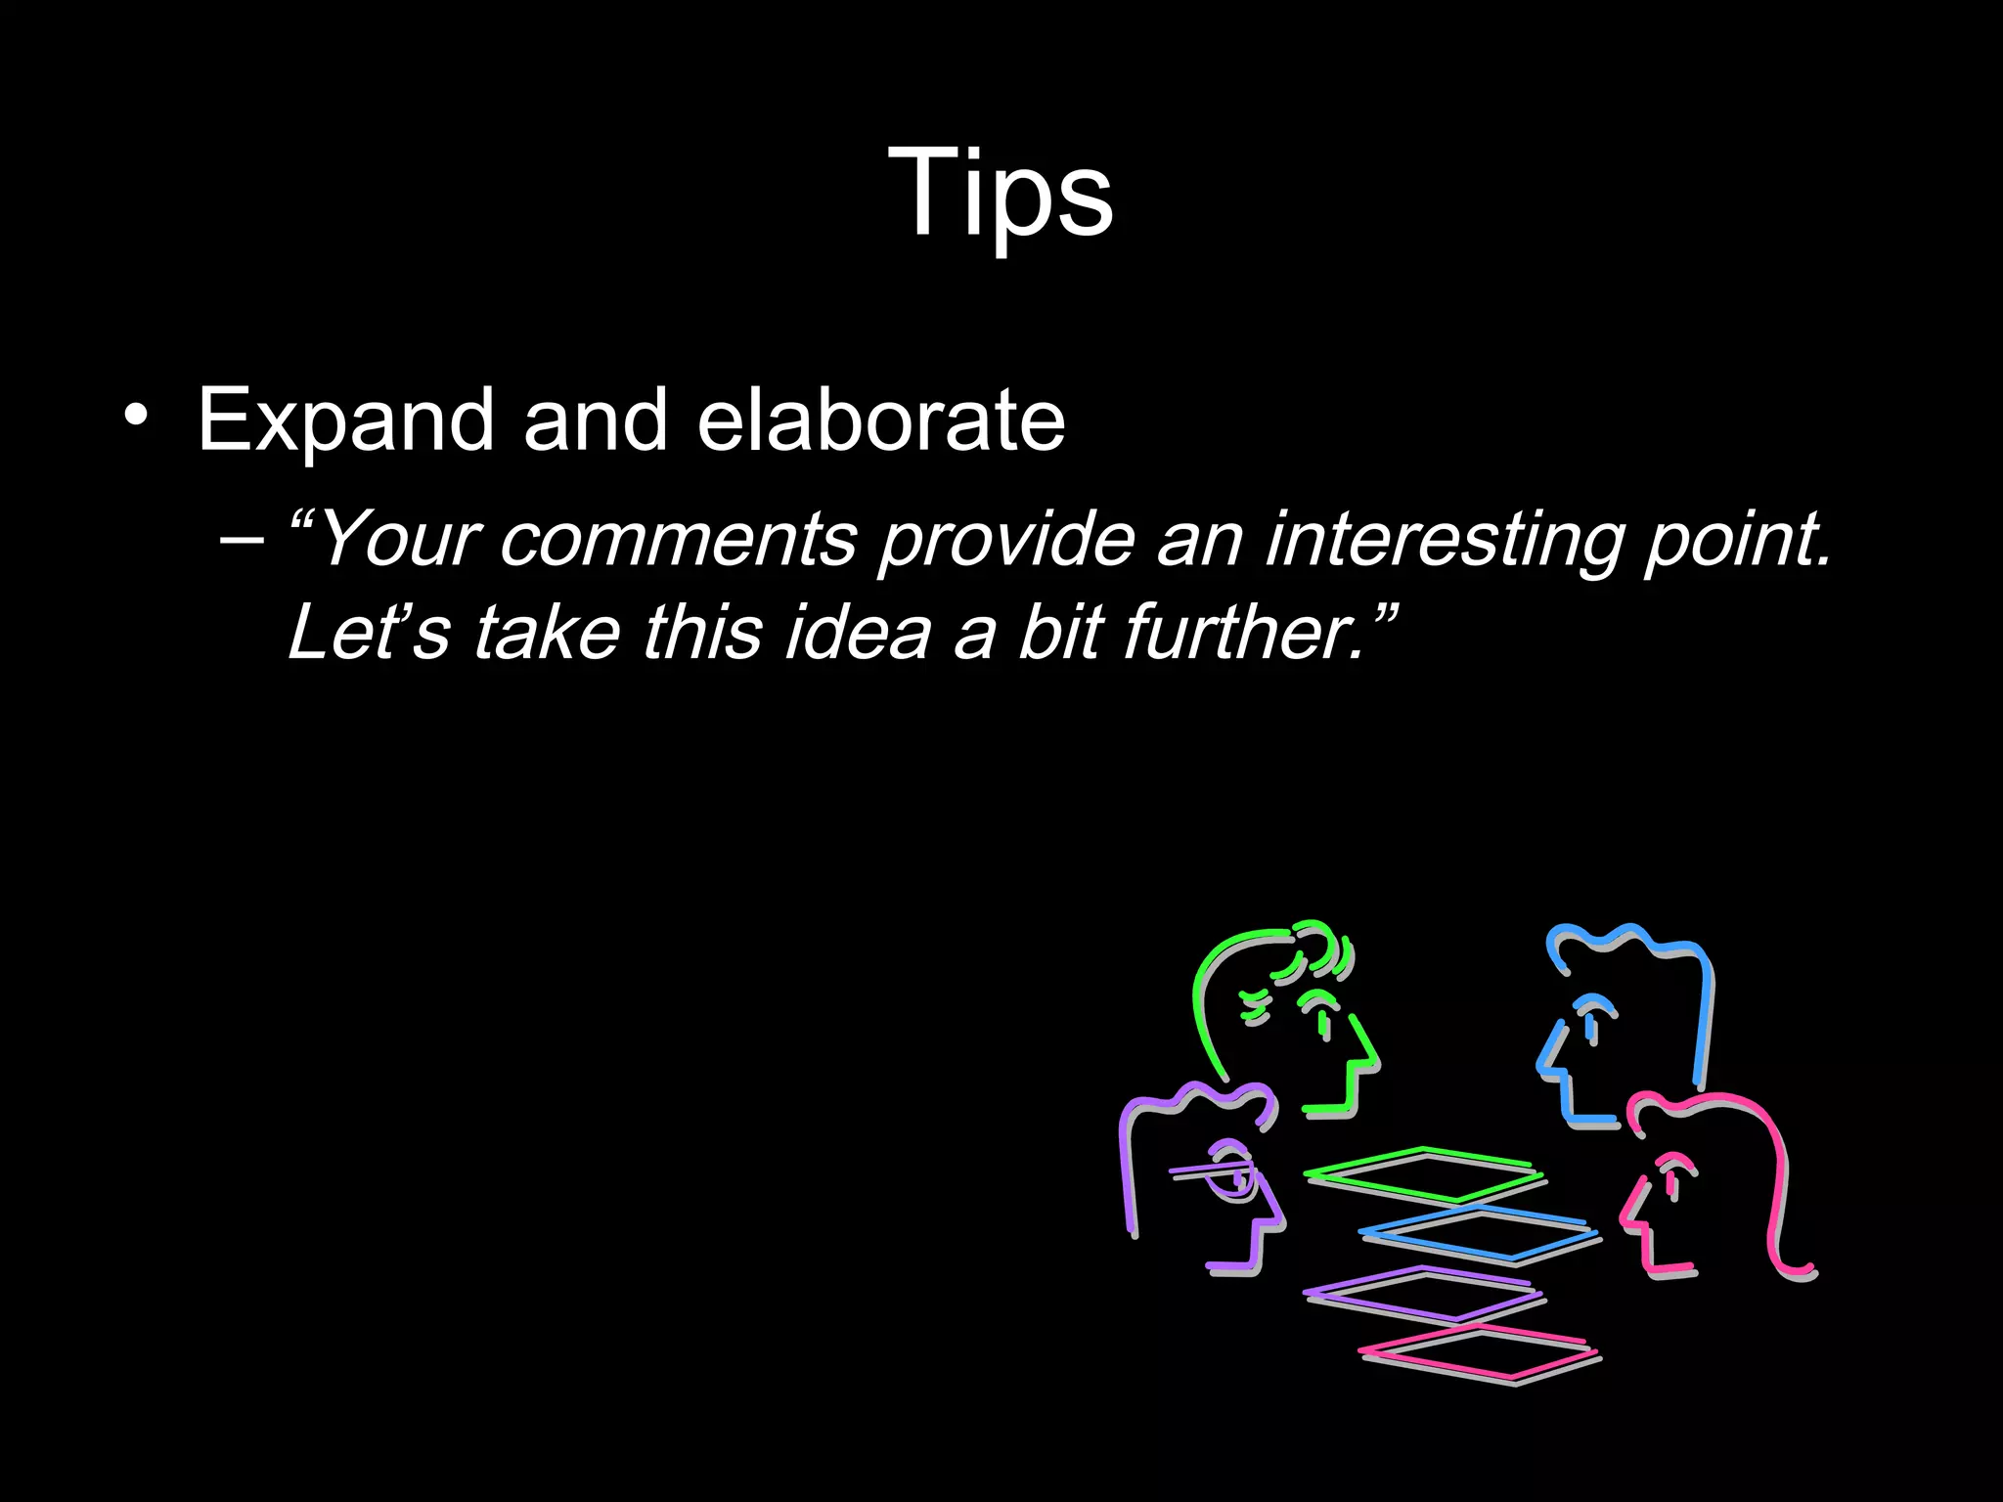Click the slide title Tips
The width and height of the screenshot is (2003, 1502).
click(x=1001, y=192)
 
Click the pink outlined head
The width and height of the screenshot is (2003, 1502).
click(x=1712, y=1183)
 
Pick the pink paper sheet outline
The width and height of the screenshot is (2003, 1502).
click(x=1477, y=1353)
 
